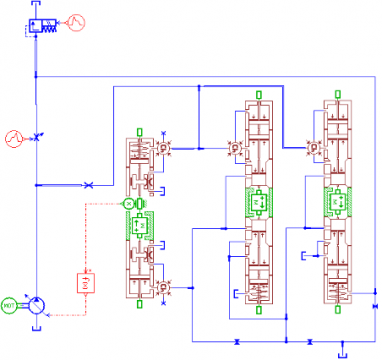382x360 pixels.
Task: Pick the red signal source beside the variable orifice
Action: pyautogui.click(x=12, y=137)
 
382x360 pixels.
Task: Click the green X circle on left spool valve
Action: pyautogui.click(x=128, y=203)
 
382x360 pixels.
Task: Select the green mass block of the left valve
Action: pyautogui.click(x=143, y=224)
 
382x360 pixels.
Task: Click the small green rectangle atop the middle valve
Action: pyautogui.click(x=257, y=95)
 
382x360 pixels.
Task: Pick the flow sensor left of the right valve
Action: pyautogui.click(x=314, y=148)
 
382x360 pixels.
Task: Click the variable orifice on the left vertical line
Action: pyautogui.click(x=38, y=136)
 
